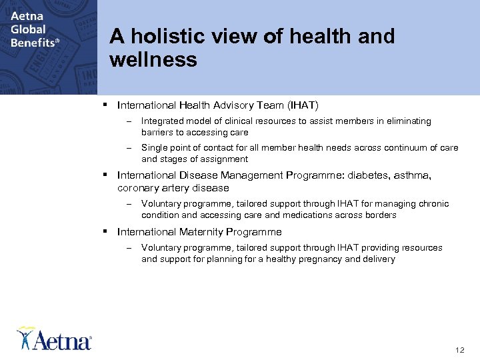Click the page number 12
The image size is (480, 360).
[459, 350]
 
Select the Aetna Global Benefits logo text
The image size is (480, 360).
[33, 29]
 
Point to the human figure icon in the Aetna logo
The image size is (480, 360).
[25, 337]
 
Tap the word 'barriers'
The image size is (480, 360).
[157, 133]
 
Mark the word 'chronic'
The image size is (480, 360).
[433, 204]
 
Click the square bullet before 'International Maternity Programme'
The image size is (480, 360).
[106, 232]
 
